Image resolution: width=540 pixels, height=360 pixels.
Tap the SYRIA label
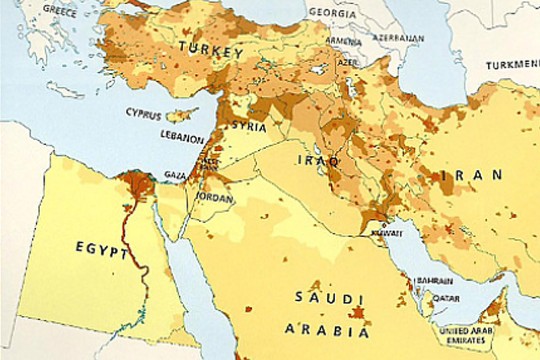coord(248,127)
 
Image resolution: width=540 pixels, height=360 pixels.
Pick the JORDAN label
coord(215,197)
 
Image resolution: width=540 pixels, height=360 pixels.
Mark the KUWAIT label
coord(385,232)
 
